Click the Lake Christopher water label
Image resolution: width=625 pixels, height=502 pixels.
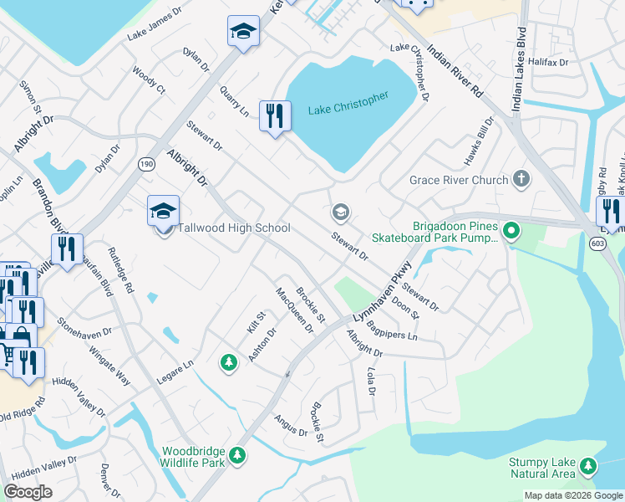[x=348, y=104]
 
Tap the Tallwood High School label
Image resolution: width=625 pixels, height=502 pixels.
[x=233, y=228]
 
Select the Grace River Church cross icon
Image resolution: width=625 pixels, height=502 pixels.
[x=521, y=179]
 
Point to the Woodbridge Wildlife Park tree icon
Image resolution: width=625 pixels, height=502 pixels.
[x=238, y=454]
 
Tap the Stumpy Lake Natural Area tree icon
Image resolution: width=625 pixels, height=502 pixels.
[x=589, y=465]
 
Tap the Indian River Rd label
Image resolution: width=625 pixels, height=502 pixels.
[x=456, y=69]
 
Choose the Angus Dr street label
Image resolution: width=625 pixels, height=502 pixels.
[x=292, y=426]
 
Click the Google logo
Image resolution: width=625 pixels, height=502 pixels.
[x=28, y=492]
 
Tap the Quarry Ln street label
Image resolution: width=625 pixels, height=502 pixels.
[x=234, y=100]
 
